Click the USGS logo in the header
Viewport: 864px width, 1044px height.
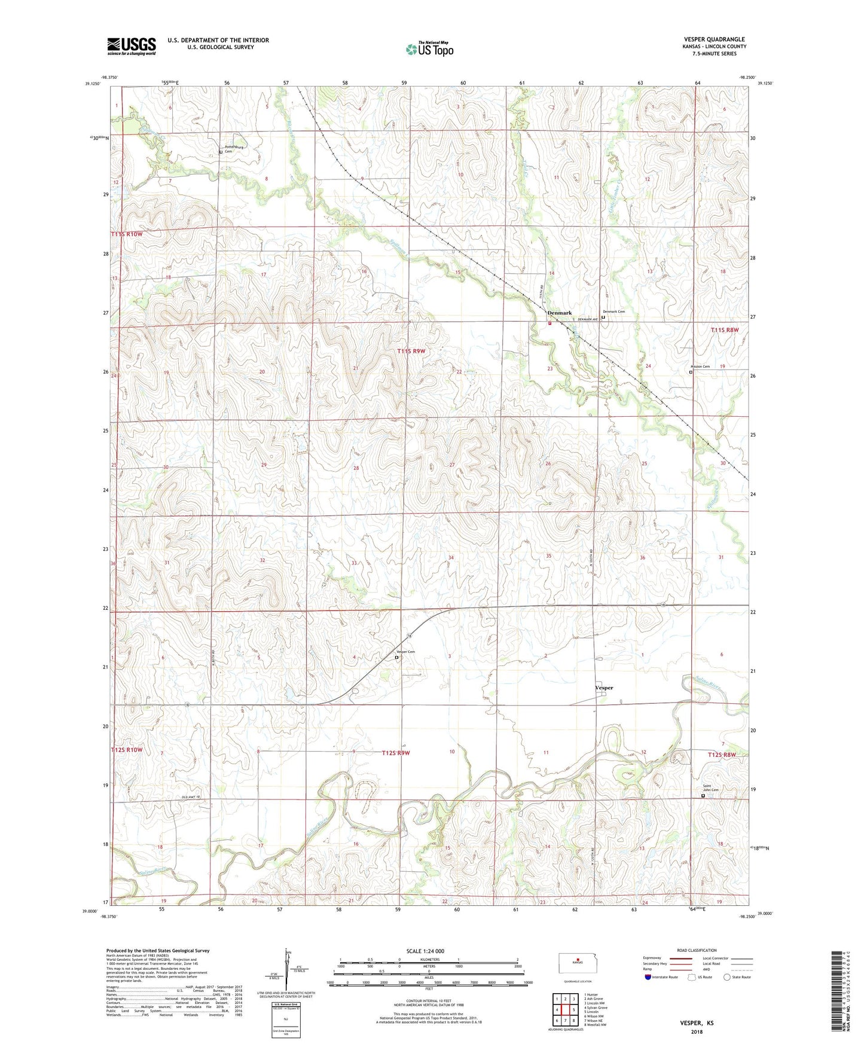pyautogui.click(x=132, y=46)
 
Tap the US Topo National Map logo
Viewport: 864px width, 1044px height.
pyautogui.click(x=429, y=48)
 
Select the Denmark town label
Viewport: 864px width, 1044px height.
pyautogui.click(x=560, y=313)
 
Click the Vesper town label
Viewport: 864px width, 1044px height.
pyautogui.click(x=604, y=688)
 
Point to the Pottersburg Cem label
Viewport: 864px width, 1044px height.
pyautogui.click(x=233, y=149)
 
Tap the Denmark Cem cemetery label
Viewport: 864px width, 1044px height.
pyautogui.click(x=613, y=312)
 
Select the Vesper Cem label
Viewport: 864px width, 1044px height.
pyautogui.click(x=405, y=652)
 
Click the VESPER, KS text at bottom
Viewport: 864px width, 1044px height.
pyautogui.click(x=697, y=1022)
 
